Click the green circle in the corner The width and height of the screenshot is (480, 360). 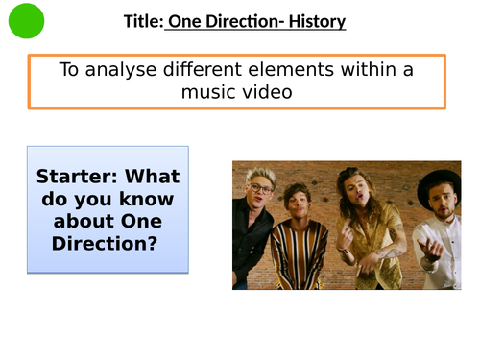point(26,20)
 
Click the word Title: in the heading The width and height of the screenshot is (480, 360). point(143,21)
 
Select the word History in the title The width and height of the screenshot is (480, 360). point(318,21)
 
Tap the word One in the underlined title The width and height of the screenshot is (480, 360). point(185,21)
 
